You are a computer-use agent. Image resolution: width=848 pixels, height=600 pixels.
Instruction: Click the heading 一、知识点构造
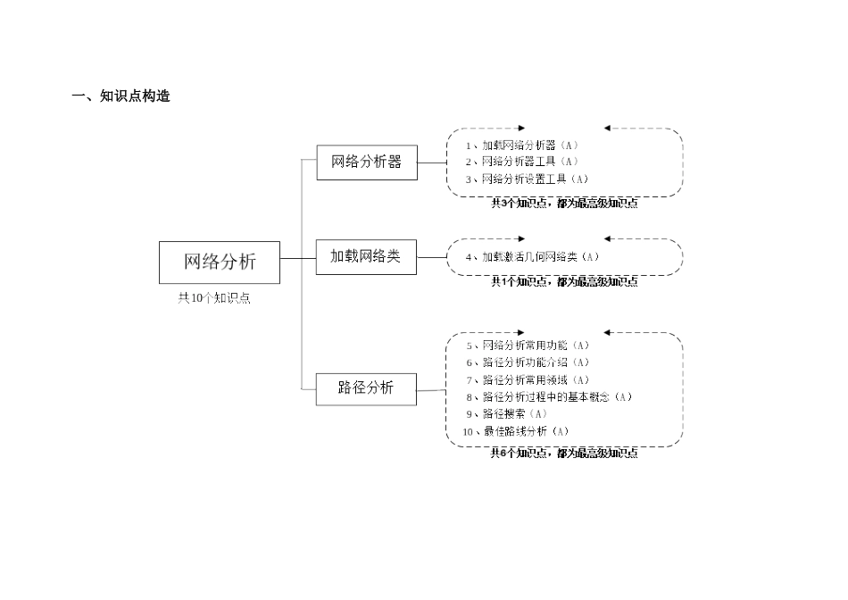coord(121,96)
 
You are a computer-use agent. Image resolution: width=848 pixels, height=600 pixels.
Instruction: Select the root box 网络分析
coord(220,262)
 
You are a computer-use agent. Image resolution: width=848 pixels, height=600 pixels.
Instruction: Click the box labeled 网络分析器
coord(366,162)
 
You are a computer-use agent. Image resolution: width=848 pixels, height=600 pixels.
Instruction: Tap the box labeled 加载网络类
coord(366,256)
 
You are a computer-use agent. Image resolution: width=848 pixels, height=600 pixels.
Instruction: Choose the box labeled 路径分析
coord(366,387)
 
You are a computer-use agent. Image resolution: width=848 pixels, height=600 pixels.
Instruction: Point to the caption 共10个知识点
coord(214,299)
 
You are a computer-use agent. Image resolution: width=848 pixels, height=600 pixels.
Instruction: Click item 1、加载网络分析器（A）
coord(522,145)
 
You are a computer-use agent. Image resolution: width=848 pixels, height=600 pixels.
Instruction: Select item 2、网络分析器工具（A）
coord(522,162)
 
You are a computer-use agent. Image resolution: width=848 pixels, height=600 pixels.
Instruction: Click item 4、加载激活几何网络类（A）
coord(532,257)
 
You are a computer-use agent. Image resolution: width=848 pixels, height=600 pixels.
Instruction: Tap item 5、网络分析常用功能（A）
coord(528,346)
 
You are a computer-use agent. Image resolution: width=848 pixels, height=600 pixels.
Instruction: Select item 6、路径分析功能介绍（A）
coord(528,362)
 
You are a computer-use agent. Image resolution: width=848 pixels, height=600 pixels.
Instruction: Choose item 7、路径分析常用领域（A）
coord(528,379)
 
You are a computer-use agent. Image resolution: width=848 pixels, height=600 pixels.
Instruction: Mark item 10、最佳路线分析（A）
coord(516,431)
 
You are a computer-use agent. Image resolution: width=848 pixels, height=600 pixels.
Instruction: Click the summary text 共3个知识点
coord(564,204)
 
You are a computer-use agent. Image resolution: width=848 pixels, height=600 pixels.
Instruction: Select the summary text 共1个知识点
coord(564,282)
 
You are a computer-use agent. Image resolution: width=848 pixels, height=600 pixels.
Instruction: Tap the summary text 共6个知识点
coord(564,454)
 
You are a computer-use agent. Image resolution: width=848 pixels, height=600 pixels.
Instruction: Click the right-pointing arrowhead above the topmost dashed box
coord(521,129)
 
